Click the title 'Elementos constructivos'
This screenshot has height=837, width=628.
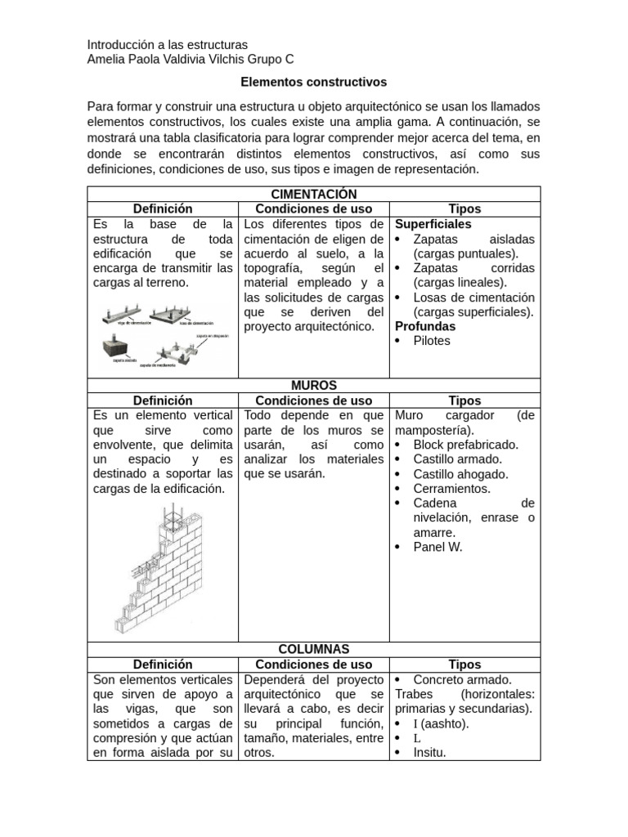coord(313,83)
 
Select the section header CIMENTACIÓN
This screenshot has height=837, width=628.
coord(313,194)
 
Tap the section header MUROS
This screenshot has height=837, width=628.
coord(313,385)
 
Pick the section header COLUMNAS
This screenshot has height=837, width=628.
coord(313,649)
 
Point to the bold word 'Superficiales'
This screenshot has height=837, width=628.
coord(433,224)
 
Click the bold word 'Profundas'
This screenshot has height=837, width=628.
coord(425,326)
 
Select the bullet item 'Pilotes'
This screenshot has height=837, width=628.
coord(432,341)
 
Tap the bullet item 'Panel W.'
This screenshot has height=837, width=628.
coord(437,547)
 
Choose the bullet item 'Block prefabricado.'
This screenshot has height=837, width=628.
coord(465,444)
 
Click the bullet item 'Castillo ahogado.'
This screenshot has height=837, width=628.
coord(460,473)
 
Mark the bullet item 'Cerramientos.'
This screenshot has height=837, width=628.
coord(451,488)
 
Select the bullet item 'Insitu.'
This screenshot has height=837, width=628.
coord(429,753)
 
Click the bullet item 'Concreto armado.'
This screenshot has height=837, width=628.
coord(462,679)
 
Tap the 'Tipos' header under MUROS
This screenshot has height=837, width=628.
coord(464,401)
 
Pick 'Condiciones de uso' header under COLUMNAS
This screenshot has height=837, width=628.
coord(313,665)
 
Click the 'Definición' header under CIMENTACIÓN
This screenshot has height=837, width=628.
coord(163,209)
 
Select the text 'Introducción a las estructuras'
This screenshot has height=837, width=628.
coord(167,44)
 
